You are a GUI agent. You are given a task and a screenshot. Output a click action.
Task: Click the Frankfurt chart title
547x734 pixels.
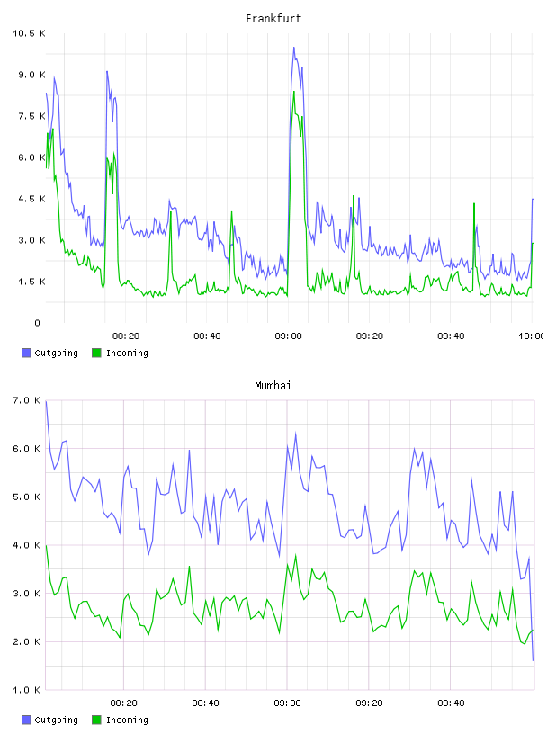pos(273,18)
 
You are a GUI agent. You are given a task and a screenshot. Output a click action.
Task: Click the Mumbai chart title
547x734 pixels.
pos(273,385)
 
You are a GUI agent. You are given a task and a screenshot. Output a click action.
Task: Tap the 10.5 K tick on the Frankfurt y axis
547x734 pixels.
pos(29,33)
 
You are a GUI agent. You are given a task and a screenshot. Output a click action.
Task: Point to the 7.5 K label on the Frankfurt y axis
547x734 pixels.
pos(31,116)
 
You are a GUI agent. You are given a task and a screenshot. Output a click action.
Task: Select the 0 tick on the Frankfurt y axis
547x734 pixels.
pos(38,323)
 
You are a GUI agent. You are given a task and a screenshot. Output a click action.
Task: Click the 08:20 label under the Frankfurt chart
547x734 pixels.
pos(126,336)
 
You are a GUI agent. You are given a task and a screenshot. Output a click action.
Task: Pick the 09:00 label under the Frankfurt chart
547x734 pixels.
pos(289,336)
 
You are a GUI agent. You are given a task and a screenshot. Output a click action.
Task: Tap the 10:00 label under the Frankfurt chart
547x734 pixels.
pos(532,336)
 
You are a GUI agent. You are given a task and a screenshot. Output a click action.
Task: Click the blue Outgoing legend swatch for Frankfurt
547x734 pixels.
pos(26,353)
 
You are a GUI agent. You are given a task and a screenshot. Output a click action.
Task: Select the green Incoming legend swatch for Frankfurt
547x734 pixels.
pos(96,353)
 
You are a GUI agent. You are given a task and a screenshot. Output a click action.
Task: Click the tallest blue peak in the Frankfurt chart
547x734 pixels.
pos(293,48)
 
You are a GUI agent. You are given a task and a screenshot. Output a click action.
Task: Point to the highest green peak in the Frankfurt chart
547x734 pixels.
pos(294,91)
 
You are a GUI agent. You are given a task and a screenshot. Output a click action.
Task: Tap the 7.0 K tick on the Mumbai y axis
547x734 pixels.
pos(27,400)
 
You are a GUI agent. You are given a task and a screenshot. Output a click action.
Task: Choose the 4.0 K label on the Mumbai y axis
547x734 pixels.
pos(27,545)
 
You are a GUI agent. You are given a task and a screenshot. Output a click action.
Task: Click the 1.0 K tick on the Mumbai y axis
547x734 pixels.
pos(27,690)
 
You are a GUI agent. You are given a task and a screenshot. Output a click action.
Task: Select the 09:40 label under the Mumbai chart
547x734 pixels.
pos(451,703)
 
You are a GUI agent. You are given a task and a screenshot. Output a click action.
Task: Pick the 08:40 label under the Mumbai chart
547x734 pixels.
pos(206,703)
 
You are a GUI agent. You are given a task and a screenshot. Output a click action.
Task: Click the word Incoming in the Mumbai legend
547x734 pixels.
pos(127,720)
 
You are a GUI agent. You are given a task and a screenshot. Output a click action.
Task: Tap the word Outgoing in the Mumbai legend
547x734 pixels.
pos(56,720)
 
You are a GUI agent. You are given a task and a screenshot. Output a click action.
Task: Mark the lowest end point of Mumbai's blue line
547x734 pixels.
pos(533,660)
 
